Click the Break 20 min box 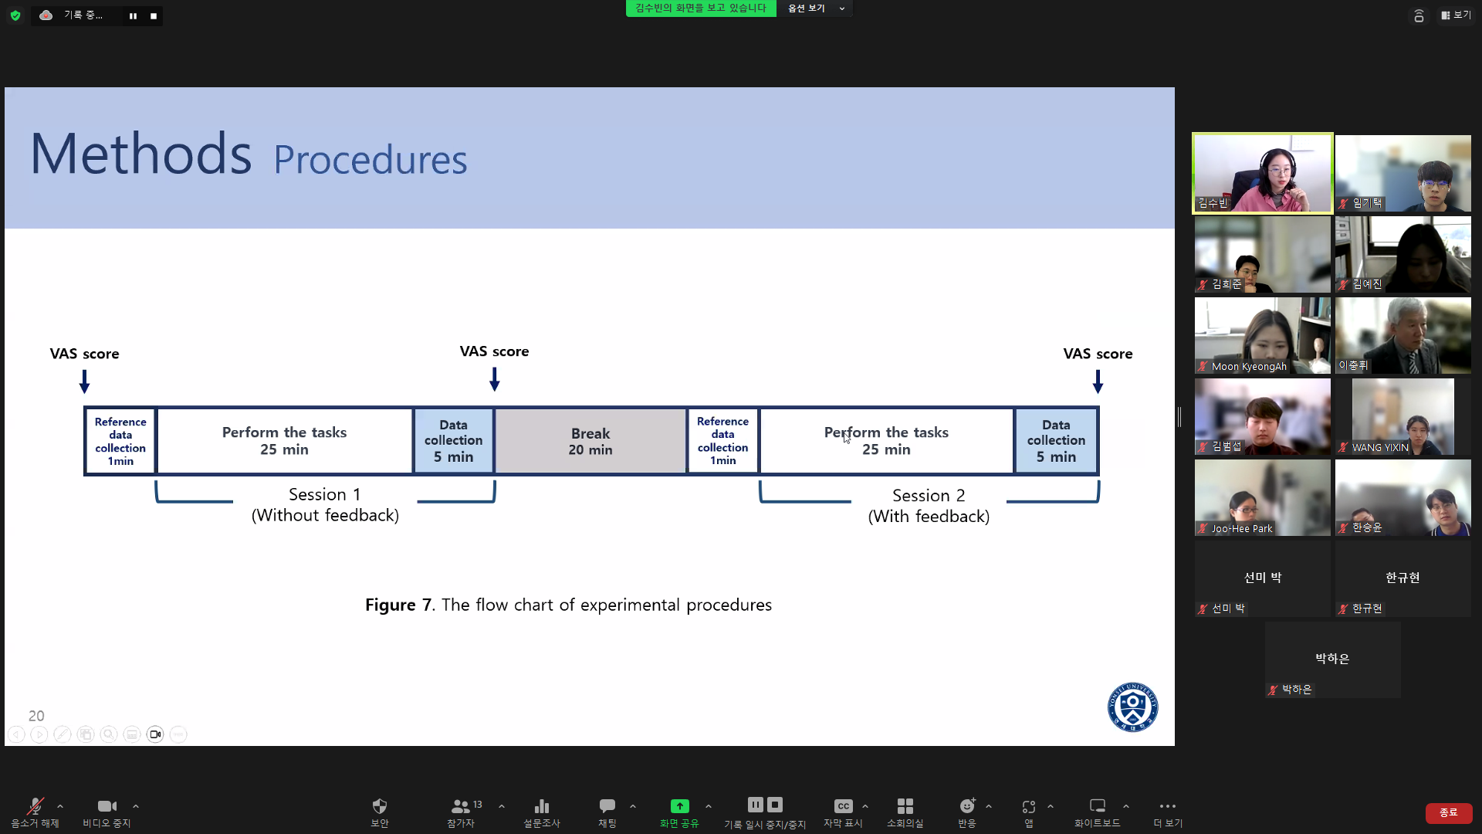coord(590,441)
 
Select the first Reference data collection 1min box coord(120,441)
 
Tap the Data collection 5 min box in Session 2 coord(1056,441)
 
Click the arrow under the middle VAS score coord(495,379)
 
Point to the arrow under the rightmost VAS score coord(1098,381)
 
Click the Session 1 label coord(324,494)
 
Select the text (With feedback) coord(929,517)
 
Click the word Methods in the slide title coord(140,154)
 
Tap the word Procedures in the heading coord(370,160)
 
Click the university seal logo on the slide coord(1132,707)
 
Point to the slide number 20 coord(36,716)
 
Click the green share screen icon coord(679,806)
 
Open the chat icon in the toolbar coord(607,806)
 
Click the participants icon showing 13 coord(461,806)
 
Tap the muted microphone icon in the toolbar coord(35,806)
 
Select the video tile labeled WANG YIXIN coord(1402,416)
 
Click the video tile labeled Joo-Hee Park coord(1262,497)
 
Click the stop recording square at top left coord(154,15)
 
